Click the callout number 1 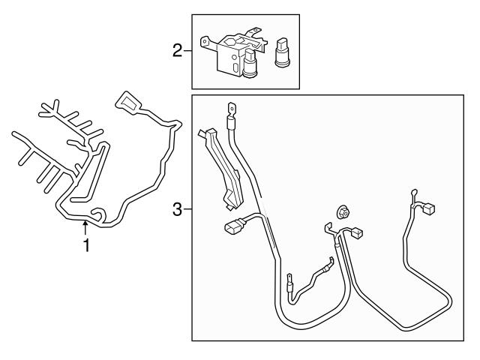click(87, 246)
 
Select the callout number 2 click(177, 51)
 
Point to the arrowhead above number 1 click(87, 223)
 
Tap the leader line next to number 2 click(188, 51)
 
